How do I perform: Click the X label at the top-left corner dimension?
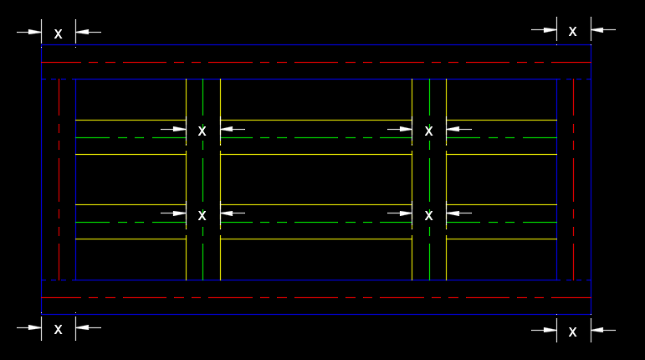point(58,33)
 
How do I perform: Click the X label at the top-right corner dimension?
point(572,31)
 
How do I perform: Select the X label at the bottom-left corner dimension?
point(58,329)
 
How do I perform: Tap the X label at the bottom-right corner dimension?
point(572,332)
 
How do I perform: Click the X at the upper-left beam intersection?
point(202,131)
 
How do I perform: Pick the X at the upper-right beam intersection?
point(428,131)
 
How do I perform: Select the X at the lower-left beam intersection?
point(202,215)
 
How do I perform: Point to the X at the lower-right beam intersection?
point(428,215)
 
